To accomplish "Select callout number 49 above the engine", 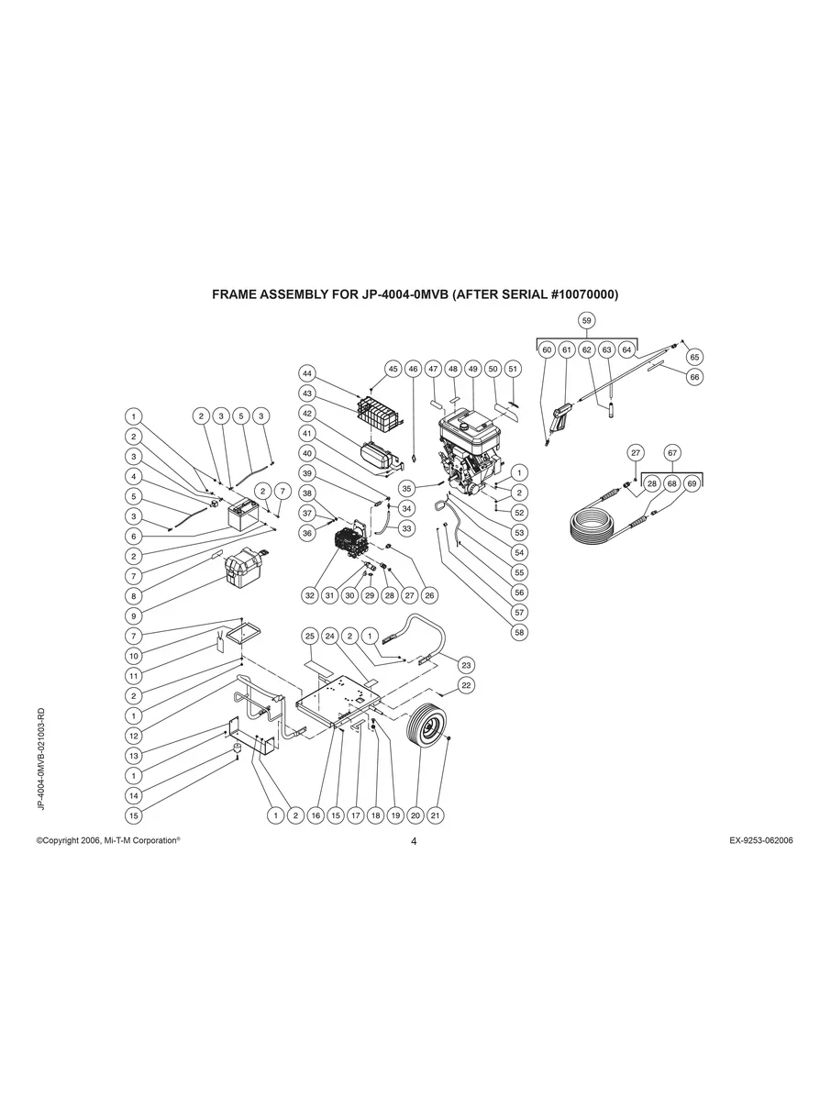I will pyautogui.click(x=472, y=369).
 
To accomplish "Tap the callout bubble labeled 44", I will pyautogui.click(x=307, y=373).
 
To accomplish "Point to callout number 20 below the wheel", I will pyautogui.click(x=415, y=814).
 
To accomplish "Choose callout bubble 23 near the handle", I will pyautogui.click(x=466, y=665).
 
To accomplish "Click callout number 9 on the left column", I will pyautogui.click(x=134, y=615).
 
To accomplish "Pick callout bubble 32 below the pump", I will pyautogui.click(x=310, y=595).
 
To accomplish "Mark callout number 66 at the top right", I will pyautogui.click(x=694, y=376).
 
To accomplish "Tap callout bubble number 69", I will pyautogui.click(x=692, y=482).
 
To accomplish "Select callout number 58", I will pyautogui.click(x=519, y=632).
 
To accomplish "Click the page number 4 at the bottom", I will pyautogui.click(x=415, y=841).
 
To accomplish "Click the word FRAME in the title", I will pyautogui.click(x=238, y=295).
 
